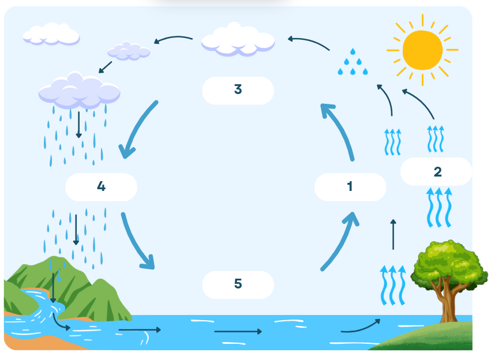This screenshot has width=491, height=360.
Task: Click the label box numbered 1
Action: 350,187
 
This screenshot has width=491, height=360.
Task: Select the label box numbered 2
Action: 436,171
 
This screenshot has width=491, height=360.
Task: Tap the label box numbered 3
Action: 238,91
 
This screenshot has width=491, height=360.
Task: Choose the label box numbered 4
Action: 101,187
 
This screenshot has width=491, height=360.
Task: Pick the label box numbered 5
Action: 238,284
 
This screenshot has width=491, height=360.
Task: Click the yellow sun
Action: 422,50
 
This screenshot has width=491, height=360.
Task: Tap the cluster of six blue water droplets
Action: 353,62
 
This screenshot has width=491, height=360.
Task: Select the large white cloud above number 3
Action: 238,40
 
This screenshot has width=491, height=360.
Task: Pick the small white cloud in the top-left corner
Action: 51,33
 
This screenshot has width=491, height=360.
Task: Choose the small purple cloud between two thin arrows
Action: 129,51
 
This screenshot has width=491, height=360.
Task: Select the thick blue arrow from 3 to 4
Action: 138,127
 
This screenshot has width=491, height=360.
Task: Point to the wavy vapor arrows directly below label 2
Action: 439,207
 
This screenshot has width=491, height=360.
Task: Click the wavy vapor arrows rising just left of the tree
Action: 393,285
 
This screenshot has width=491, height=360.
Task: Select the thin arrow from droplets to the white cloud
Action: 309,42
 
